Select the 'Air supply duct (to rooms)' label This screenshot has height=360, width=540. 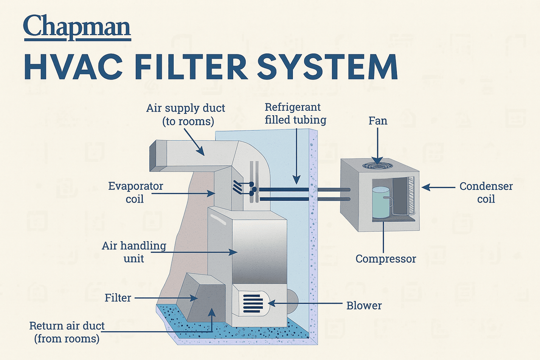[x=185, y=115]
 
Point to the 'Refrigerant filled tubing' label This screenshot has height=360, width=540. [x=292, y=114]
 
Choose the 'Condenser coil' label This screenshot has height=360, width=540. [x=486, y=192]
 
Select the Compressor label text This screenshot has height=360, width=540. [x=386, y=259]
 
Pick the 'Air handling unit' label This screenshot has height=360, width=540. [x=134, y=252]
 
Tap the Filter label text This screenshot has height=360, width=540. [x=117, y=298]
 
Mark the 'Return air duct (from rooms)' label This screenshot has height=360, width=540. [x=67, y=332]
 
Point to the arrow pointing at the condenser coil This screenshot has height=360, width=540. [x=439, y=186]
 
